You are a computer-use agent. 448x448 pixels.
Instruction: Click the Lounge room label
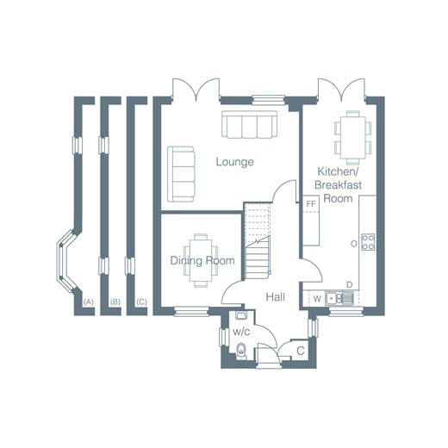click(x=234, y=162)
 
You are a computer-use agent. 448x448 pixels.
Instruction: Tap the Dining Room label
click(x=202, y=260)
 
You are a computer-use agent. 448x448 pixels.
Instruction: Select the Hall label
click(x=276, y=297)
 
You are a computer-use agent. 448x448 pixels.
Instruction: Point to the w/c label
click(x=241, y=332)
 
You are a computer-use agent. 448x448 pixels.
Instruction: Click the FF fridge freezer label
click(x=311, y=204)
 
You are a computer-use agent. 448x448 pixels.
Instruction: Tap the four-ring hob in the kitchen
click(x=368, y=242)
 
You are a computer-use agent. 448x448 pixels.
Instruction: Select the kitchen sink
click(x=339, y=298)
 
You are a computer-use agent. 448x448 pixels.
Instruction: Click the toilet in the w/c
click(x=241, y=351)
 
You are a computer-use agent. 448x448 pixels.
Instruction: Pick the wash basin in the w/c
click(x=240, y=315)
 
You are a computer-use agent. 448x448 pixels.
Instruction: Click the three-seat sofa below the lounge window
click(x=250, y=125)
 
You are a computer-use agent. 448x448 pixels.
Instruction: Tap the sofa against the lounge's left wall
click(x=181, y=174)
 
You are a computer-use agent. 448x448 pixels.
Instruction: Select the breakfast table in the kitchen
click(x=353, y=138)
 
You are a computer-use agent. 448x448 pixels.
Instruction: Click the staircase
click(x=258, y=240)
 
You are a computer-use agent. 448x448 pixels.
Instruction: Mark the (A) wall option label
click(x=88, y=302)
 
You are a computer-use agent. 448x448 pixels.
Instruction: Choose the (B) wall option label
click(x=115, y=302)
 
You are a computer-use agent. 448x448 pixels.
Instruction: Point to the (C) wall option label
click(x=141, y=302)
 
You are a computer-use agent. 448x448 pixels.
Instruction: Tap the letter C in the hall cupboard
click(x=301, y=351)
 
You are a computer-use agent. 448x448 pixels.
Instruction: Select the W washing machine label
click(x=317, y=299)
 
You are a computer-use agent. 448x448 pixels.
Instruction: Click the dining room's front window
click(x=191, y=311)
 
